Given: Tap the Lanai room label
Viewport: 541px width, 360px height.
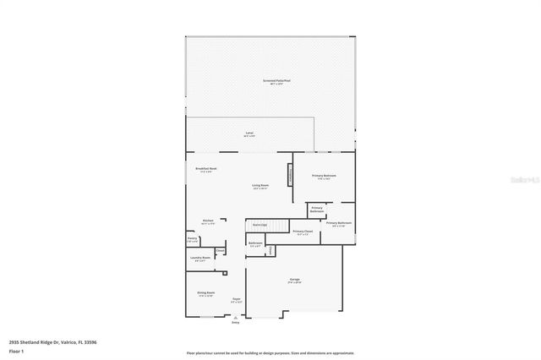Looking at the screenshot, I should tap(249, 134).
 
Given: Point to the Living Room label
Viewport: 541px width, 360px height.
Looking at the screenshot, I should tap(260, 186).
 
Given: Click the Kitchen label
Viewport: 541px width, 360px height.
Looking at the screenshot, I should tap(208, 221).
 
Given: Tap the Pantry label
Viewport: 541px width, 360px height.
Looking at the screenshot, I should tap(193, 241).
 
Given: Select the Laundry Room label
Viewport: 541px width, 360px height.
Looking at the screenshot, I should tap(199, 259).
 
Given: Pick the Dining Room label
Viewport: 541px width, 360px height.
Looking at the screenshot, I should tap(206, 294).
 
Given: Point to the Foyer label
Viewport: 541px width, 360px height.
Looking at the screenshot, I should tap(237, 299).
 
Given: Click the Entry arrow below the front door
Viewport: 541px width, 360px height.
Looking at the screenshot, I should tap(236, 320).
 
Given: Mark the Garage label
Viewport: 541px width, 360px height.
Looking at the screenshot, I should tap(295, 280).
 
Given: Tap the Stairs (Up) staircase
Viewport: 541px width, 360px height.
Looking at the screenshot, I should tap(259, 225).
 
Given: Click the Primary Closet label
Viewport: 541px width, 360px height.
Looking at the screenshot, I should tap(303, 232).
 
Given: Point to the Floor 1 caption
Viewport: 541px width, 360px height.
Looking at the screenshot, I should tap(15, 350).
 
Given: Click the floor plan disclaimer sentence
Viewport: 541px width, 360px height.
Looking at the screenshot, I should tap(270, 352).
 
